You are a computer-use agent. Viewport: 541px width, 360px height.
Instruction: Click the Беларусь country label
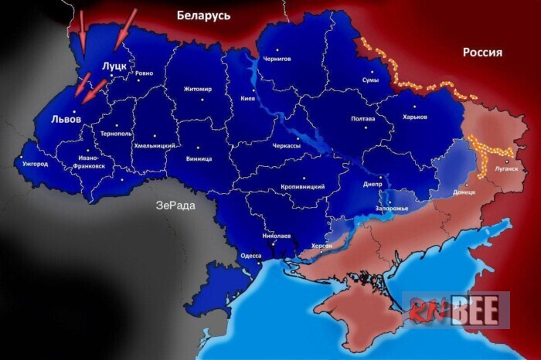tap(203, 15)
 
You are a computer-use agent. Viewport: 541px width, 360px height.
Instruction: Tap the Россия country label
tap(482, 53)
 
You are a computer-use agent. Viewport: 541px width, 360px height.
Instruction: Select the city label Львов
tap(66, 120)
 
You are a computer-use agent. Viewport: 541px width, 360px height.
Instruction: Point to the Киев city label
tap(248, 99)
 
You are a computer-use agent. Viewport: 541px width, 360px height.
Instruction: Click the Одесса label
tap(251, 256)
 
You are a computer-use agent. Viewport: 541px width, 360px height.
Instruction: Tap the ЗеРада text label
tap(175, 205)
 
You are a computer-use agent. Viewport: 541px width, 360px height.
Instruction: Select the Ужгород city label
tap(35, 164)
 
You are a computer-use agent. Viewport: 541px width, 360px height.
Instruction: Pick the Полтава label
tap(362, 118)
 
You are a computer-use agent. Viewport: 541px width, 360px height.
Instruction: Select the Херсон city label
tap(321, 245)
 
